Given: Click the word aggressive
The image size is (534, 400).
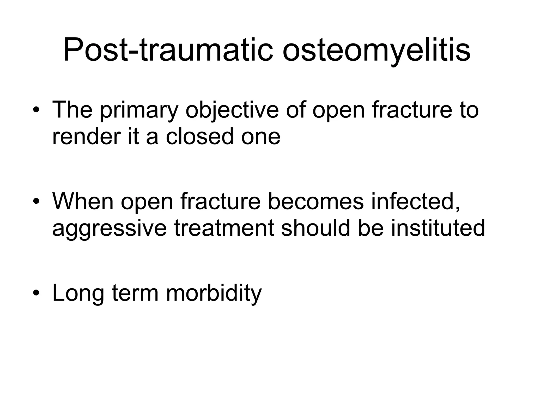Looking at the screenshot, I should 109,228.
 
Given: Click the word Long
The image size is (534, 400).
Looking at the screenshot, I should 78,293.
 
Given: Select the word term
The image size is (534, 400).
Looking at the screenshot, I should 135,293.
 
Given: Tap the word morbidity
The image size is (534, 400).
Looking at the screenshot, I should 214,293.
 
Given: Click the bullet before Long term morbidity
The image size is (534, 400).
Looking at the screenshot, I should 36,293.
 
